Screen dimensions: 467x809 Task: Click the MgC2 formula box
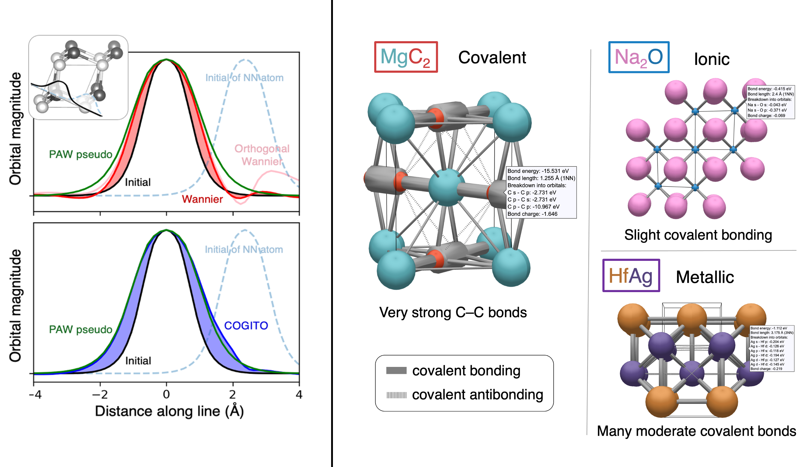[406, 57]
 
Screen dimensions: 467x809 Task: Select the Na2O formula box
[638, 57]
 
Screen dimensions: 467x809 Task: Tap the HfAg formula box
[631, 276]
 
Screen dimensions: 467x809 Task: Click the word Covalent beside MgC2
[492, 58]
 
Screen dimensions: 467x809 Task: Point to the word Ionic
[712, 59]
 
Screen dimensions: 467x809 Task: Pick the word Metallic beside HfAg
[704, 277]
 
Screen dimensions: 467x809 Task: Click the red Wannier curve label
[202, 199]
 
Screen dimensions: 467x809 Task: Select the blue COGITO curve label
[246, 325]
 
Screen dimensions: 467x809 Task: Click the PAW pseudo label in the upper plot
[81, 154]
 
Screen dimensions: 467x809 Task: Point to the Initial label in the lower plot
[138, 361]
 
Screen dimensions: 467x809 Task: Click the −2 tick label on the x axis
[100, 394]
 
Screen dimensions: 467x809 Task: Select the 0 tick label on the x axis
[166, 394]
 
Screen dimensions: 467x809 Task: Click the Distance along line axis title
[169, 411]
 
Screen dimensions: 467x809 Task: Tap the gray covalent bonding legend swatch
[396, 371]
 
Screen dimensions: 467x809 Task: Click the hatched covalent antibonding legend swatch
[396, 395]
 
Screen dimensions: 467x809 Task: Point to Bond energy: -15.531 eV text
[538, 171]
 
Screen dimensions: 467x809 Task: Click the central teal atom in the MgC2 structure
[446, 188]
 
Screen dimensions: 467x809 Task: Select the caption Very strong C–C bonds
[453, 313]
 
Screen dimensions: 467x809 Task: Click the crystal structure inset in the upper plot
[78, 78]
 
